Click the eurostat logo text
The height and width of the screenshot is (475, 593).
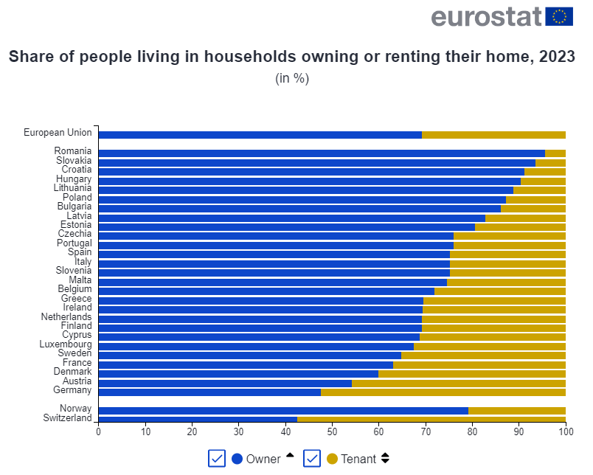[x=486, y=16]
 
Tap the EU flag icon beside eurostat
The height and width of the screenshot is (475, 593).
[x=558, y=16]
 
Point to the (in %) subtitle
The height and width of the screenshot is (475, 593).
[x=291, y=78]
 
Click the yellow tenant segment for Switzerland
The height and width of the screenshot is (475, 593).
[x=431, y=418]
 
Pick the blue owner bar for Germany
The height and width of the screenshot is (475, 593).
[x=209, y=392]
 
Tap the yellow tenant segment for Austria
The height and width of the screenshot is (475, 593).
[x=458, y=383]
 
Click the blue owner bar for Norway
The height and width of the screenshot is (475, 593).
[x=283, y=410]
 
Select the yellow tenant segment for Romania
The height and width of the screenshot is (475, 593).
[x=555, y=153]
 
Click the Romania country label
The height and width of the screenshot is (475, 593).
[x=73, y=151]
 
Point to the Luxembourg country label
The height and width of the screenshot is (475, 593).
[x=66, y=344]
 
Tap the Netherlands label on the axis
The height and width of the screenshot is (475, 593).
[x=66, y=316]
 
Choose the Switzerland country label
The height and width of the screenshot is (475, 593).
[x=67, y=418]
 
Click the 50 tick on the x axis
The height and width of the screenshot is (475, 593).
[x=332, y=431]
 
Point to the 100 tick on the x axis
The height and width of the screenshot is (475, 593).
[x=565, y=431]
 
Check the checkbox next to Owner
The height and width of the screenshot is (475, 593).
[x=217, y=459]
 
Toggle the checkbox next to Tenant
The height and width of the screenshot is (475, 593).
[x=311, y=459]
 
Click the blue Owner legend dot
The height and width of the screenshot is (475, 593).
[x=237, y=459]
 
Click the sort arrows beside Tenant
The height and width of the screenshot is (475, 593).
[x=385, y=459]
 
